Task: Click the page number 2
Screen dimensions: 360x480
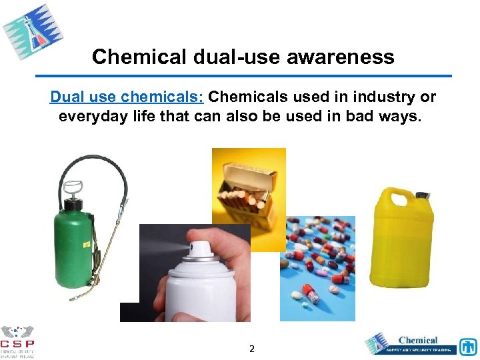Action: click(x=251, y=349)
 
